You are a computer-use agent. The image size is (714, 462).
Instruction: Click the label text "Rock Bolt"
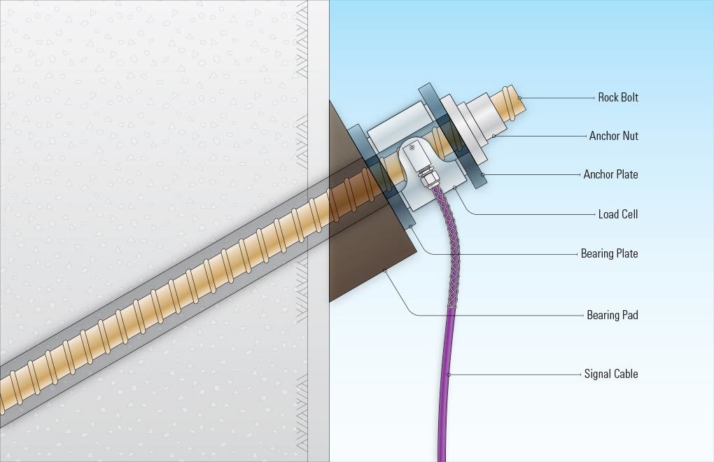[x=618, y=97]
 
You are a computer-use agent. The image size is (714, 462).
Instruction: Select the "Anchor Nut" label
[x=613, y=136]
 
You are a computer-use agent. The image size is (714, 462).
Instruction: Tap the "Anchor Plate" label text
[x=610, y=174]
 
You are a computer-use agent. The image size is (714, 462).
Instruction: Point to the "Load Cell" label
[x=618, y=214]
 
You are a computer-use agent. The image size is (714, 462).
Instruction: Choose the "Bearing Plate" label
[x=609, y=253]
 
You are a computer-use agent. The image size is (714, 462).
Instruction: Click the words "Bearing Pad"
[x=612, y=315]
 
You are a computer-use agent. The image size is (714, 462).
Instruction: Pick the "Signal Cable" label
[x=611, y=374]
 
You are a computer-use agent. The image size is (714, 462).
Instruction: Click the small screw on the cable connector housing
[x=412, y=148]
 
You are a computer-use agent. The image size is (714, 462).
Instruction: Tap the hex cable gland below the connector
[x=427, y=178]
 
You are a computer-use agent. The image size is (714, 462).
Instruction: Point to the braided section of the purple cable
[x=449, y=246]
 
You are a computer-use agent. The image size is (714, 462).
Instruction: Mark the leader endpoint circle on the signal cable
[x=449, y=374]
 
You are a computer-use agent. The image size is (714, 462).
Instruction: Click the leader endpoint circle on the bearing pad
[x=385, y=270]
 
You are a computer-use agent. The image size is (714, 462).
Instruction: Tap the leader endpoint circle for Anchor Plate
[x=483, y=174]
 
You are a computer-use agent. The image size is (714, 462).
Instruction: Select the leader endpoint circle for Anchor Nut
[x=494, y=136]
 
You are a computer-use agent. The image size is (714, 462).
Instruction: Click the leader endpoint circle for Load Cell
[x=454, y=187]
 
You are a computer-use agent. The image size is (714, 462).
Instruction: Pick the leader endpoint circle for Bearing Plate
[x=410, y=226]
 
